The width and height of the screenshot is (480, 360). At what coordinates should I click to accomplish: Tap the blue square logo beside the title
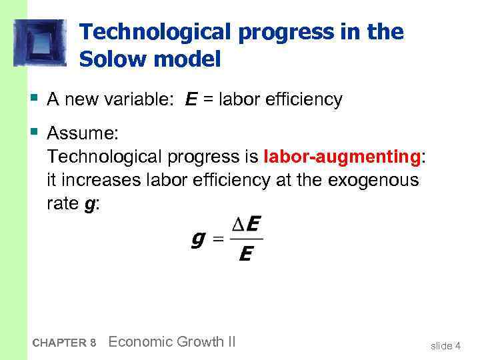click(x=40, y=43)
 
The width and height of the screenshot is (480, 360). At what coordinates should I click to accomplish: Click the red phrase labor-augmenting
click(x=343, y=157)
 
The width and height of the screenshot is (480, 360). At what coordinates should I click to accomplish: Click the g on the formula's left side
click(x=198, y=238)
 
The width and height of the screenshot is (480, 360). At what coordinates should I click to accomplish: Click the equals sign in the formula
click(x=217, y=239)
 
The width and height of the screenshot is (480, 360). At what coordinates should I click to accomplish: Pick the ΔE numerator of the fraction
click(x=245, y=225)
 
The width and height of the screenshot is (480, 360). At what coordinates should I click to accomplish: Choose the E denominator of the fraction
click(x=245, y=254)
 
